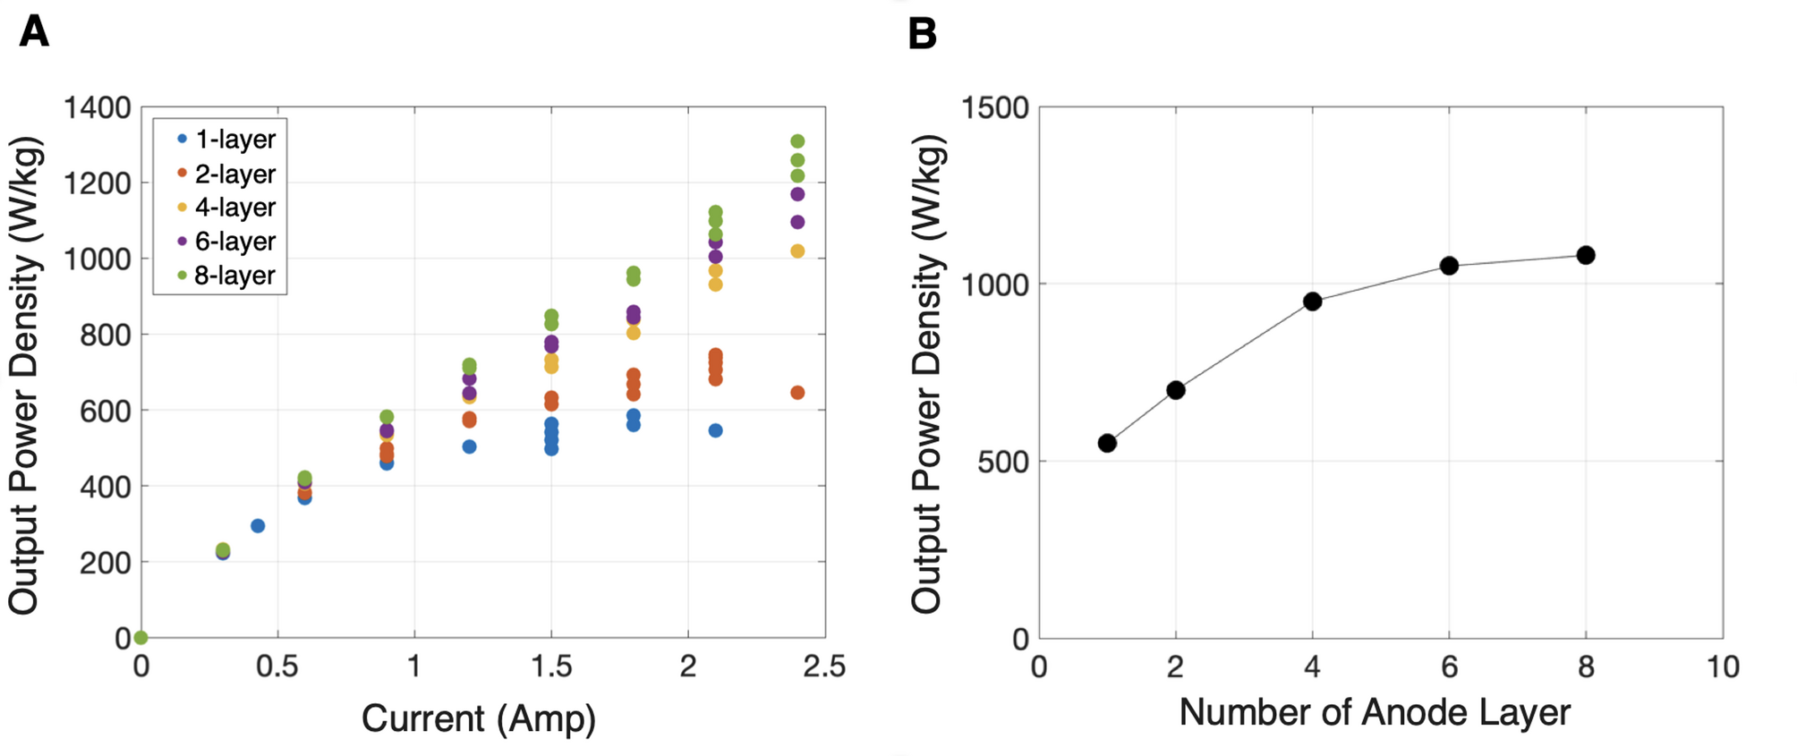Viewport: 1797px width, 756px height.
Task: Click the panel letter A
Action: coord(34,32)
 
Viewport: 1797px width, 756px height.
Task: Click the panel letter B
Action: coord(923,34)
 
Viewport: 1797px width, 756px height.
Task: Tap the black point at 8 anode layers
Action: coord(1586,255)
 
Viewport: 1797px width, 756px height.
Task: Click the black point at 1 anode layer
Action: coord(1107,443)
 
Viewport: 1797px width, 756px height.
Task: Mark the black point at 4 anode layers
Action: coord(1313,302)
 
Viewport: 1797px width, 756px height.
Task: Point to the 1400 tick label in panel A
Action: coord(97,108)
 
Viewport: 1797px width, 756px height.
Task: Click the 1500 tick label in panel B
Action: coord(994,108)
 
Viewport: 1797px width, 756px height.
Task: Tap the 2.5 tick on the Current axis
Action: coord(824,667)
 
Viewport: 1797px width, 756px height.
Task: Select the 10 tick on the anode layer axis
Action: coord(1723,667)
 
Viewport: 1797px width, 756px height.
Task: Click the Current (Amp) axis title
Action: coord(478,719)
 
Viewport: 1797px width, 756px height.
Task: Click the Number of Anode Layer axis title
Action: coord(1374,713)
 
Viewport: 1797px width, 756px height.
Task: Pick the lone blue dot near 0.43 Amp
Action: coord(258,526)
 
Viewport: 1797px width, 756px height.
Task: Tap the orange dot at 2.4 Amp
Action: coord(797,393)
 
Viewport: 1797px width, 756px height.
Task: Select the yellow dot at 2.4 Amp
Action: coord(797,251)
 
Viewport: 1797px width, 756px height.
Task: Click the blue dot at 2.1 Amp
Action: coord(715,430)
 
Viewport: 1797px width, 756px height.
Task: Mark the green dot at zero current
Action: coord(141,638)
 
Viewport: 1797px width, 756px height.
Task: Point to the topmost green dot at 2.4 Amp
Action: coord(797,141)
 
